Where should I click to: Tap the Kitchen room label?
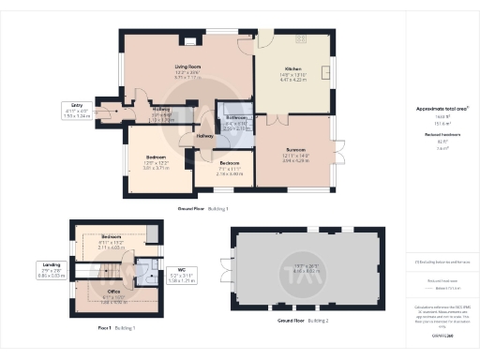pos(292,69)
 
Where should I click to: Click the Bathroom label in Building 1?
pos(237,118)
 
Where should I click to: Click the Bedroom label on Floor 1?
pos(111,236)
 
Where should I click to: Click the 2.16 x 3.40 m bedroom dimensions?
pos(229,173)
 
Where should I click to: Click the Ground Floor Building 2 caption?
pos(301,321)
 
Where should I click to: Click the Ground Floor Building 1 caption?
pos(202,208)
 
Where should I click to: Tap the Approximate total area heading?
pos(442,109)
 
